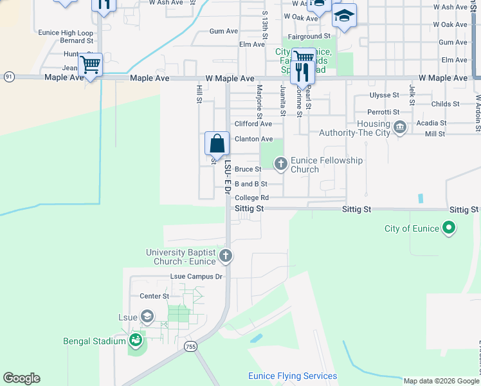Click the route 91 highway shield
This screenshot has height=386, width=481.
(8, 76)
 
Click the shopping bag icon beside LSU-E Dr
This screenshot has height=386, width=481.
(217, 143)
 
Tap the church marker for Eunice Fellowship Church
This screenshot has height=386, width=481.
(280, 164)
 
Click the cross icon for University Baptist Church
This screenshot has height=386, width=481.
(225, 257)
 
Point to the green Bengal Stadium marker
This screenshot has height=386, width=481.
(135, 340)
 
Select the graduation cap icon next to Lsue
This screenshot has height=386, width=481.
(147, 316)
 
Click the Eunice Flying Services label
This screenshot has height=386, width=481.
(293, 376)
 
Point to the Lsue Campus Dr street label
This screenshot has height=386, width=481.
(196, 277)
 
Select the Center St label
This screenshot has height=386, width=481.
(154, 296)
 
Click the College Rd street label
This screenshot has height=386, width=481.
(251, 198)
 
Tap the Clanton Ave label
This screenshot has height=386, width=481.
(253, 139)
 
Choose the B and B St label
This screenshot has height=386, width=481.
(251, 184)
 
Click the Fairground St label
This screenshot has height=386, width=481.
(309, 37)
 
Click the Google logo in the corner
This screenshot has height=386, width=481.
(21, 378)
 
